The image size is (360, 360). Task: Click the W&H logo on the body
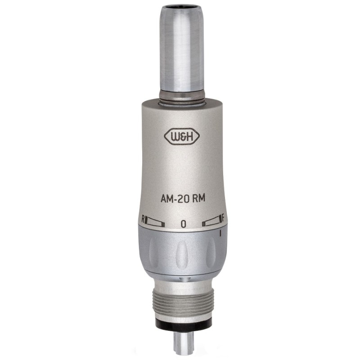pyautogui.click(x=182, y=137)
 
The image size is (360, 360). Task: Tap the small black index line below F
pyautogui.click(x=220, y=234)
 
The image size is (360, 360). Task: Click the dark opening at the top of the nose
pyautogui.click(x=182, y=9)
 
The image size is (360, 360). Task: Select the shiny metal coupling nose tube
pyautogui.click(x=182, y=49)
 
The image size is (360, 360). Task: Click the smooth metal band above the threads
pyautogui.click(x=182, y=286)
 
